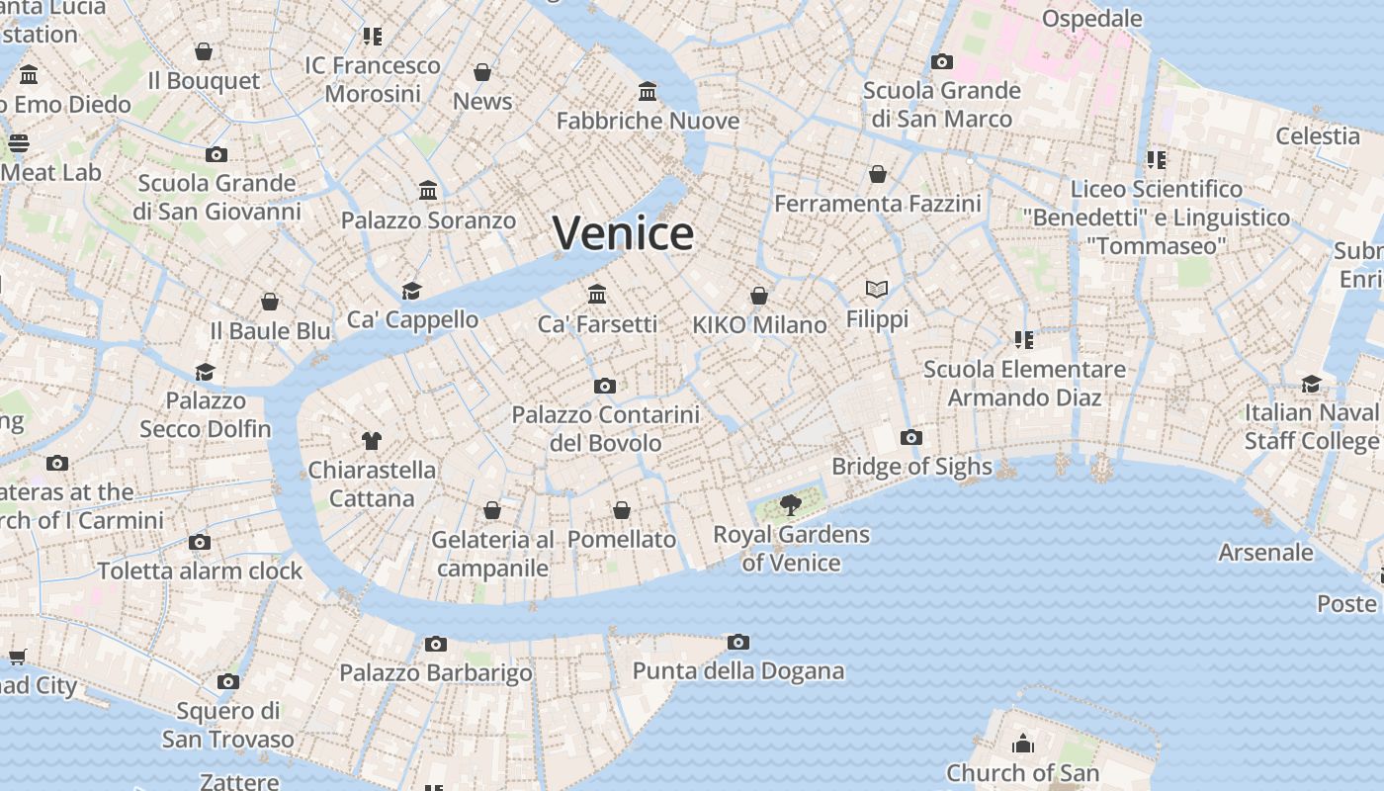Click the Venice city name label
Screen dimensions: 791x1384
click(623, 233)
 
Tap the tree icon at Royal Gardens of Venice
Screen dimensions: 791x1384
click(790, 505)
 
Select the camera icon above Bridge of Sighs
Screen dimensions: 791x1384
click(911, 437)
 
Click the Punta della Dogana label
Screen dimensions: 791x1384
click(738, 671)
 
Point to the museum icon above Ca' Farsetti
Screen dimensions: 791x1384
click(597, 294)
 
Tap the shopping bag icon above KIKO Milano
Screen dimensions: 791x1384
click(759, 296)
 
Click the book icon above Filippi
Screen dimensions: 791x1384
click(877, 289)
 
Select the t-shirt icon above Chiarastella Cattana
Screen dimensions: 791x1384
click(372, 440)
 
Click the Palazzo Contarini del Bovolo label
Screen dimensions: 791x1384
click(605, 428)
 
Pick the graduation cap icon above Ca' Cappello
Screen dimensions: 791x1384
click(412, 290)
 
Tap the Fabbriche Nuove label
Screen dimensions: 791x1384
click(648, 121)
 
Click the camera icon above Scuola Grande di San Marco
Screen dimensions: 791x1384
click(942, 61)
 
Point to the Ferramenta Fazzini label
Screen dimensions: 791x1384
click(877, 204)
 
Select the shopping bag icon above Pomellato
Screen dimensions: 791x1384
click(622, 510)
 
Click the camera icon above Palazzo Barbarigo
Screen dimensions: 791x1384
click(436, 644)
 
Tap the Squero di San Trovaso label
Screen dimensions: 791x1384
click(228, 725)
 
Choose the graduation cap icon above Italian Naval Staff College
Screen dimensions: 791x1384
click(1312, 384)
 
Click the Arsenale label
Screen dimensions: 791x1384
click(1265, 552)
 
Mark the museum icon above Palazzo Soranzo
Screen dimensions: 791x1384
click(428, 190)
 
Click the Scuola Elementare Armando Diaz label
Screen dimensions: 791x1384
click(1024, 383)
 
